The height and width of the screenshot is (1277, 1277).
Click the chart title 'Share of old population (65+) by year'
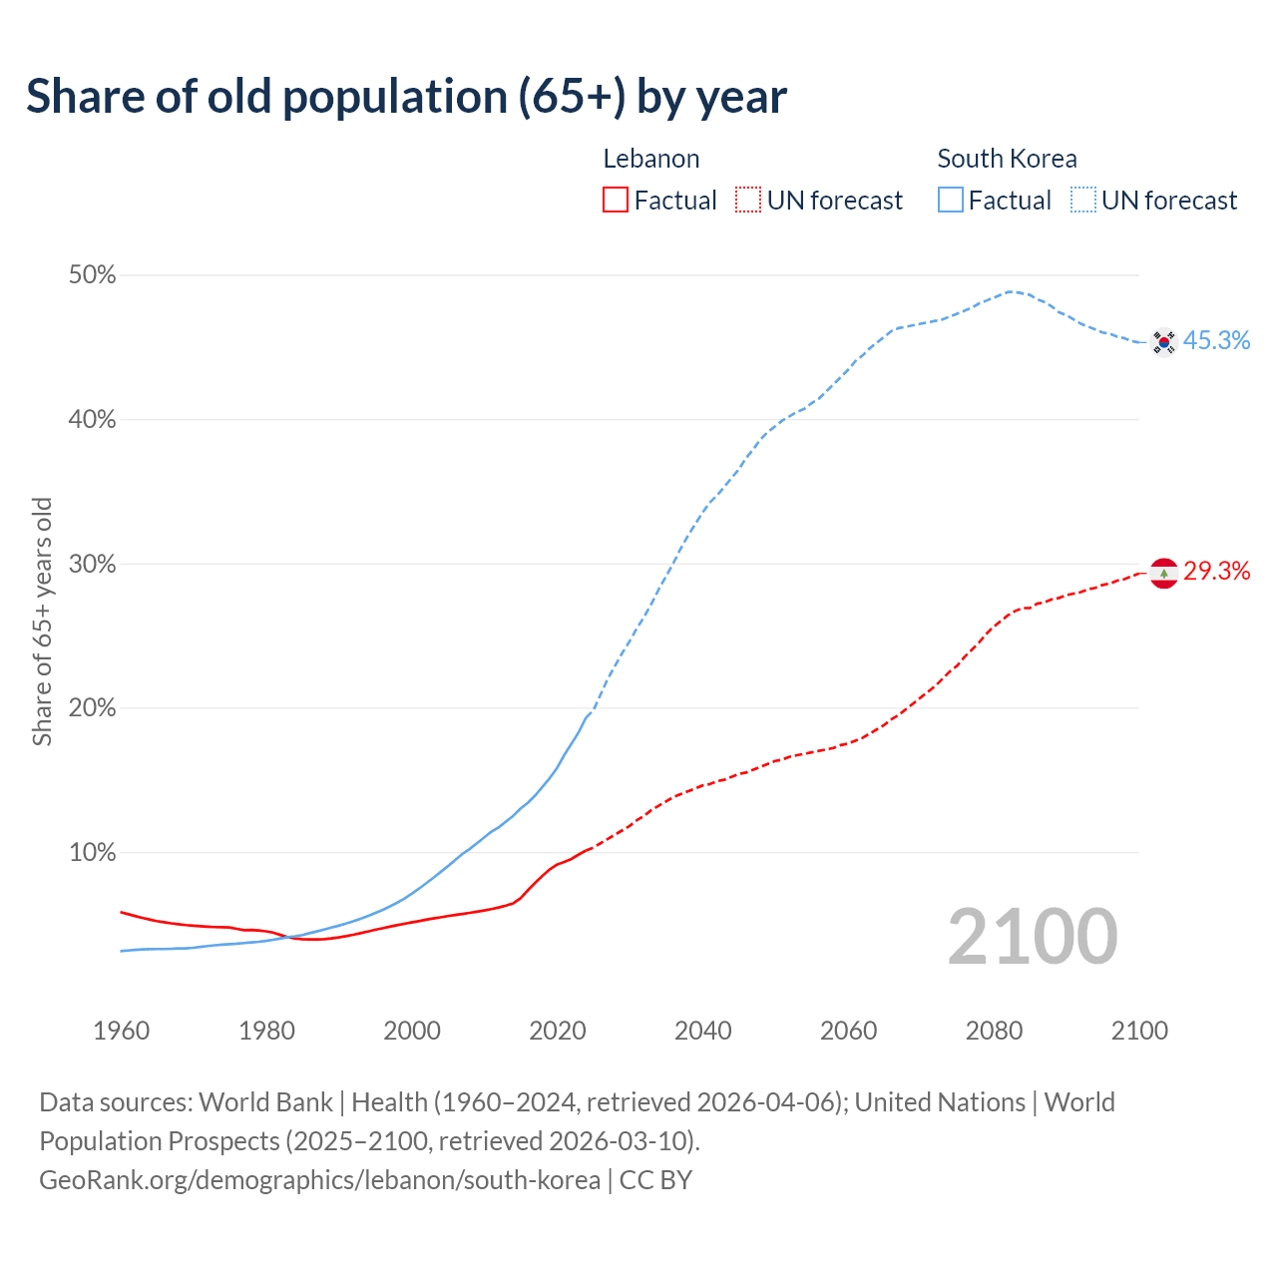(x=406, y=97)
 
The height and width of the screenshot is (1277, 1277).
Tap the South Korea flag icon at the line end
(x=1163, y=342)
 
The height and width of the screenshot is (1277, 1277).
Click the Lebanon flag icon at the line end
(x=1163, y=574)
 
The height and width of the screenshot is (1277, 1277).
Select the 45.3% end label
(x=1216, y=341)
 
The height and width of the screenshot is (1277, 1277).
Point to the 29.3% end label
(x=1216, y=571)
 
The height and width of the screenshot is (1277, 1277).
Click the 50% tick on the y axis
(x=92, y=275)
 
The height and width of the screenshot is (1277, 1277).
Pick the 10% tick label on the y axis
(x=92, y=853)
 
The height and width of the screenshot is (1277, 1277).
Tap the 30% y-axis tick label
(x=92, y=565)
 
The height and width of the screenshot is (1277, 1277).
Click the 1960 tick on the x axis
(x=121, y=1031)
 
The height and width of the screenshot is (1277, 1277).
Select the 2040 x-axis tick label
(x=703, y=1031)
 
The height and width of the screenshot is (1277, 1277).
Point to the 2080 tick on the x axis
(x=994, y=1031)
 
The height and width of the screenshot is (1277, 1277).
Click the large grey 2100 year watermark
(x=1033, y=937)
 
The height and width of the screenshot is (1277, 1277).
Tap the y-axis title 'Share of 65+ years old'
(x=42, y=621)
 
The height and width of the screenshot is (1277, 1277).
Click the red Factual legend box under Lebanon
(x=616, y=201)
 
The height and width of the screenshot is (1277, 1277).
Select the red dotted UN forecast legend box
(x=748, y=201)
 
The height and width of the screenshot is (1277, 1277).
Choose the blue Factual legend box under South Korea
(x=950, y=201)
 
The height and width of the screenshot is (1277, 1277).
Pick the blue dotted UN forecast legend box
(x=1083, y=201)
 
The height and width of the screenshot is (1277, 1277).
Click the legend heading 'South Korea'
(x=1007, y=159)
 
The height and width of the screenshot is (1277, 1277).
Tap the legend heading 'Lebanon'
(x=651, y=159)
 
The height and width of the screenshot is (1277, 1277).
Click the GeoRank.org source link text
(x=319, y=1180)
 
